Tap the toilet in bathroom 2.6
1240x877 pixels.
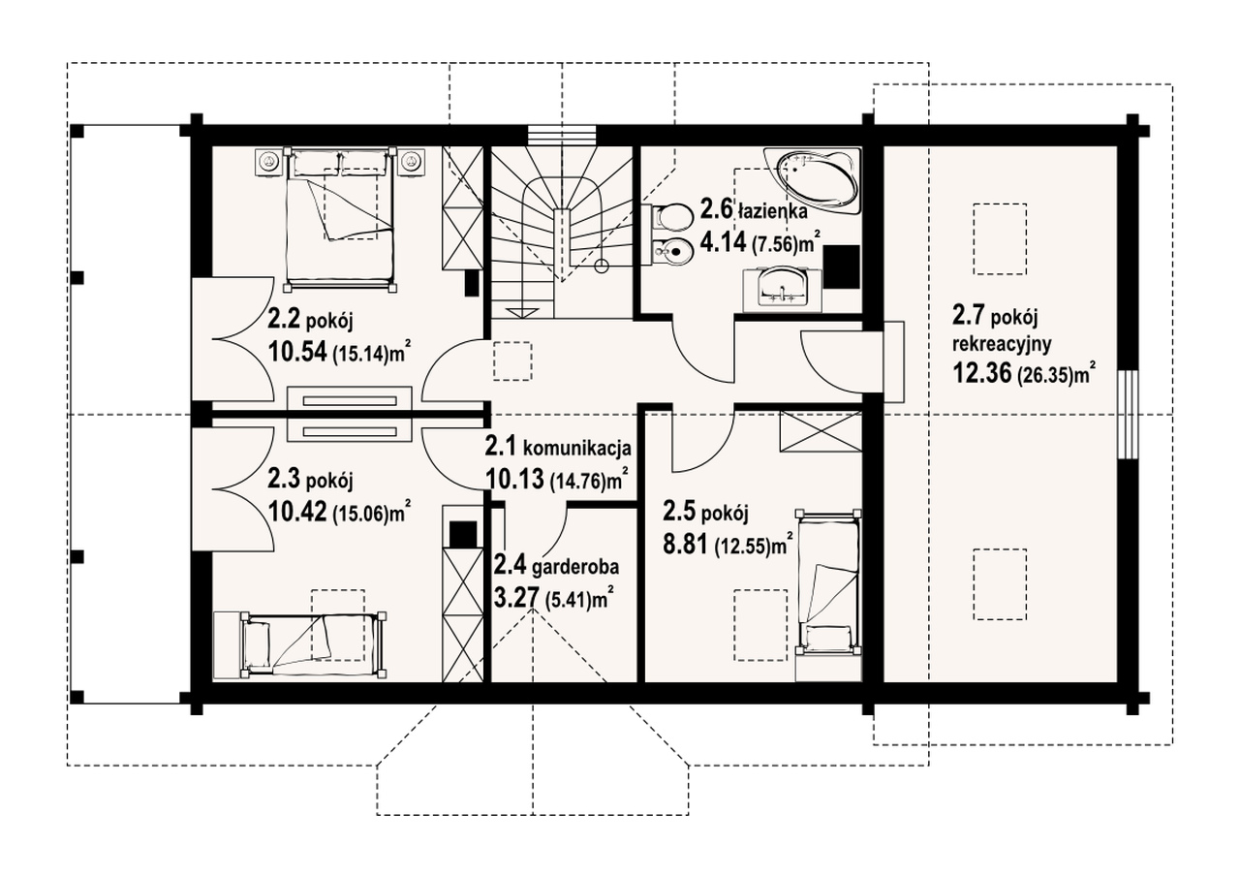[x=672, y=217]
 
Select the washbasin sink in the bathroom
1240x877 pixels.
[x=782, y=288]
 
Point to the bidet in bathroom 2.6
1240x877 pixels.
[x=672, y=254]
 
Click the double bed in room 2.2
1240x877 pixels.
[x=339, y=219]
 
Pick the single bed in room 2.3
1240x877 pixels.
[x=314, y=645]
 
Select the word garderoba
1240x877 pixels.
[x=575, y=568]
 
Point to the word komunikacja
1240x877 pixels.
[x=577, y=448]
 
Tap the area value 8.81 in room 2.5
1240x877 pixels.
[x=685, y=546]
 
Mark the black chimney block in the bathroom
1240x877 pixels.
[x=842, y=266]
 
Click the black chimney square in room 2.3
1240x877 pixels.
[x=463, y=535]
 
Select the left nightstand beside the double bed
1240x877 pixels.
[x=269, y=162]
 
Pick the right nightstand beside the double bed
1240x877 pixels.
[x=410, y=162]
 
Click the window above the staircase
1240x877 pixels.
[x=561, y=136]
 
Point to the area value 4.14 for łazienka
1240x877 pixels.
[x=723, y=242]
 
